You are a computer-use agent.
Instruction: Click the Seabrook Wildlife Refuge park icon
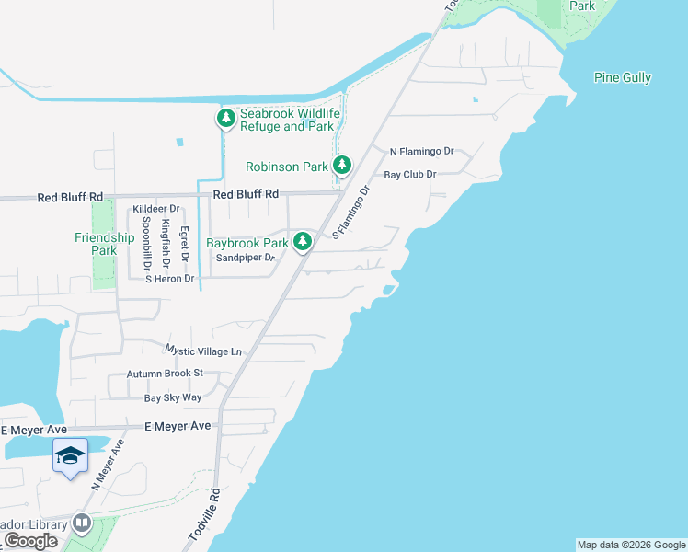(x=225, y=119)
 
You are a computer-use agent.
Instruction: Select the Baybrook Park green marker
(x=302, y=242)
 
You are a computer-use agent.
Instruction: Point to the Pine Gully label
(x=623, y=78)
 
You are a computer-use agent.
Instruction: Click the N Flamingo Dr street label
(x=422, y=151)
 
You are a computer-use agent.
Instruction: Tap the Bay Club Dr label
(x=409, y=174)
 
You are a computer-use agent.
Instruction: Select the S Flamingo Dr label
(x=350, y=213)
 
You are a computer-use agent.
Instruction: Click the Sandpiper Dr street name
(x=245, y=259)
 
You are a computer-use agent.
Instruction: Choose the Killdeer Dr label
(x=155, y=209)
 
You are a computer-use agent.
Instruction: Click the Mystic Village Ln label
(x=203, y=351)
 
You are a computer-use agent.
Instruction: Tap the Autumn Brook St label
(x=165, y=374)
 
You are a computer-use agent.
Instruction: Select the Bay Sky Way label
(x=173, y=397)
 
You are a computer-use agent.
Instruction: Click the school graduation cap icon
(x=71, y=455)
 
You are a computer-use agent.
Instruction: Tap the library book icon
(x=82, y=523)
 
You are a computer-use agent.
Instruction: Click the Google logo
(x=31, y=541)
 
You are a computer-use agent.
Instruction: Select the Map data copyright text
(x=631, y=545)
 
